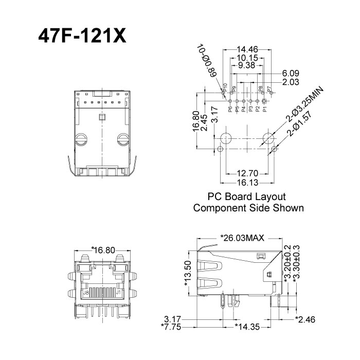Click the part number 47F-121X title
tap(82, 35)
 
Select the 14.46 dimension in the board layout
tap(247, 50)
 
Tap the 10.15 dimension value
tap(247, 58)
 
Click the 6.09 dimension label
tap(290, 74)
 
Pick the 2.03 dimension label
tap(290, 82)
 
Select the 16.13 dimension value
tap(246, 182)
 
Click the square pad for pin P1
tap(264, 101)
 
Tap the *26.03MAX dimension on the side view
tap(242, 238)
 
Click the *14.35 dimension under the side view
tap(246, 326)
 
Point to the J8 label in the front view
tap(86, 292)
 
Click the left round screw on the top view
tap(81, 139)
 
